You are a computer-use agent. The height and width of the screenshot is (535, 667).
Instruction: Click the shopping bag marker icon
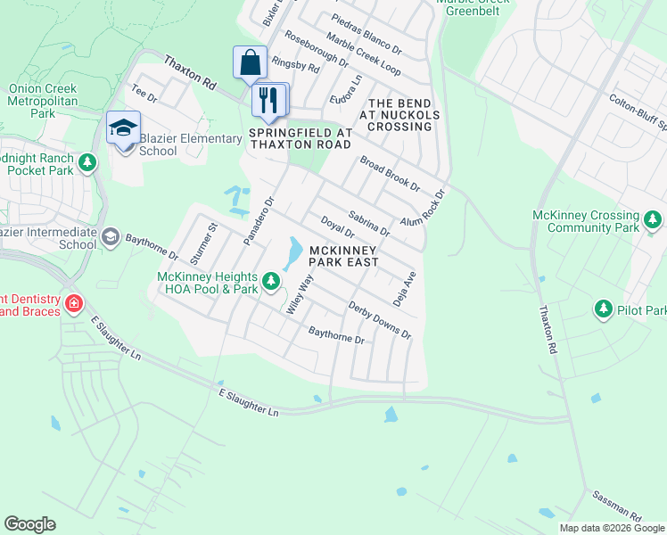pos(251,63)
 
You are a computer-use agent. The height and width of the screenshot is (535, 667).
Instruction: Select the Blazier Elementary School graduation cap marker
pos(124,128)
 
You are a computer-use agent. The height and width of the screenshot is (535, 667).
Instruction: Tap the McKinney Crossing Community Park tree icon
pos(653,218)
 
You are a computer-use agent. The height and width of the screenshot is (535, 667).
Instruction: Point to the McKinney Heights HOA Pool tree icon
pos(273,283)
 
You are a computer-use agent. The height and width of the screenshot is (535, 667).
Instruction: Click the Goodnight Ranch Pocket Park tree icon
pos(86,162)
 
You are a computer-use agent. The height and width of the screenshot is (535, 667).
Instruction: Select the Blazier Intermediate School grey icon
pos(110,236)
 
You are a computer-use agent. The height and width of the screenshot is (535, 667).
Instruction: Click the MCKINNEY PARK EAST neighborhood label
pos(344,255)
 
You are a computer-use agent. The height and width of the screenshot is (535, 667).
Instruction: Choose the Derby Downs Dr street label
pos(379,319)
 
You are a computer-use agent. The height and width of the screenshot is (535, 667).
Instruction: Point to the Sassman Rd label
pos(616,505)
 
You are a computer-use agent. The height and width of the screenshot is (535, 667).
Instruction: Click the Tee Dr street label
pos(144,92)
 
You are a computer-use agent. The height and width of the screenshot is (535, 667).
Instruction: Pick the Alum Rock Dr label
pos(422,210)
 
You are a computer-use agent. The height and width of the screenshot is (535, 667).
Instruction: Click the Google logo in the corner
pos(29,524)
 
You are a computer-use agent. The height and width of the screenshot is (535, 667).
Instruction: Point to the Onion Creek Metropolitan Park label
pos(43,102)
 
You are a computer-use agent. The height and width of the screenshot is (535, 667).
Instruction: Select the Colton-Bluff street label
pos(638,112)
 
